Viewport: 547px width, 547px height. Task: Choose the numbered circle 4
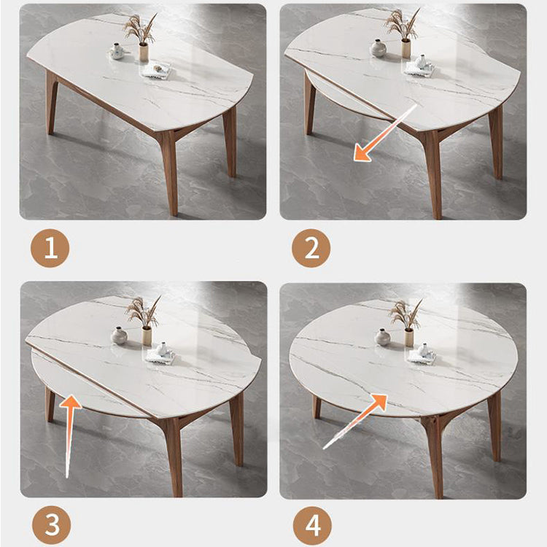[x=311, y=524]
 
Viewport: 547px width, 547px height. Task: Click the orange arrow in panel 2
[x=384, y=133]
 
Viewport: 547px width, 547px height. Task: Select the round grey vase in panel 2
[x=379, y=49]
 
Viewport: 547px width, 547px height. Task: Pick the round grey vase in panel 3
[x=119, y=335]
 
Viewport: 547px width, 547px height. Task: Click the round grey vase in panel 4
[x=383, y=337]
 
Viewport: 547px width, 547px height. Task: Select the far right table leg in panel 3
[x=237, y=427]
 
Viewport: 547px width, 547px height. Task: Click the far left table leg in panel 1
[x=52, y=102]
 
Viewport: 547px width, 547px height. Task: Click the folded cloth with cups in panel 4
[x=421, y=354]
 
